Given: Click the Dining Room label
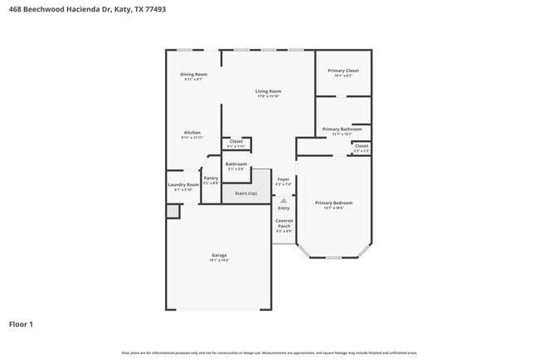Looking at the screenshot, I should click(194, 75).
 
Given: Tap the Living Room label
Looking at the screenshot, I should click(268, 91).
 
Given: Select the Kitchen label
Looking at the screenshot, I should click(192, 133).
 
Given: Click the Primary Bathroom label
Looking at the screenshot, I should click(342, 129).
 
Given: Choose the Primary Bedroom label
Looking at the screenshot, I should click(333, 203).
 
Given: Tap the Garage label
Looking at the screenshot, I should click(219, 255).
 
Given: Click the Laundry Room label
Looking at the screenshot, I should click(183, 185).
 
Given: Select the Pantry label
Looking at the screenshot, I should click(211, 178).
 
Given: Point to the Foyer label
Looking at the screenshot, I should click(284, 179).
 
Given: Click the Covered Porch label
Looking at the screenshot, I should click(284, 223).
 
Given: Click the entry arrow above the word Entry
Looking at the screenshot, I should click(284, 201).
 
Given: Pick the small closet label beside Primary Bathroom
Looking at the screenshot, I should click(362, 147).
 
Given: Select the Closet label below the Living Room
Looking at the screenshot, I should click(236, 142).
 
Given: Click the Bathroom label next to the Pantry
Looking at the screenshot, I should click(236, 164).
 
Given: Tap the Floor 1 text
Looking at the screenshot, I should click(21, 324).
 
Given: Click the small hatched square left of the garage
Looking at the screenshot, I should click(172, 212).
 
